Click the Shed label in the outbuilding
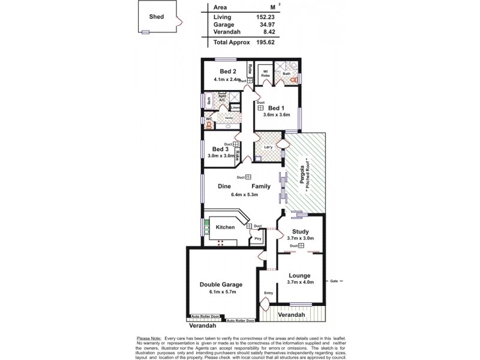(x=157, y=17)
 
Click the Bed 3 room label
(x=220, y=149)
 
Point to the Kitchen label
(x=225, y=227)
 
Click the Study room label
(x=300, y=232)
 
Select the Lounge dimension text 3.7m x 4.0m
(x=301, y=282)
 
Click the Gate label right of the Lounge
(x=334, y=280)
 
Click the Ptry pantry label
(x=257, y=239)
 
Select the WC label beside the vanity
(x=209, y=119)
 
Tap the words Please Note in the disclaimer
(x=149, y=338)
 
